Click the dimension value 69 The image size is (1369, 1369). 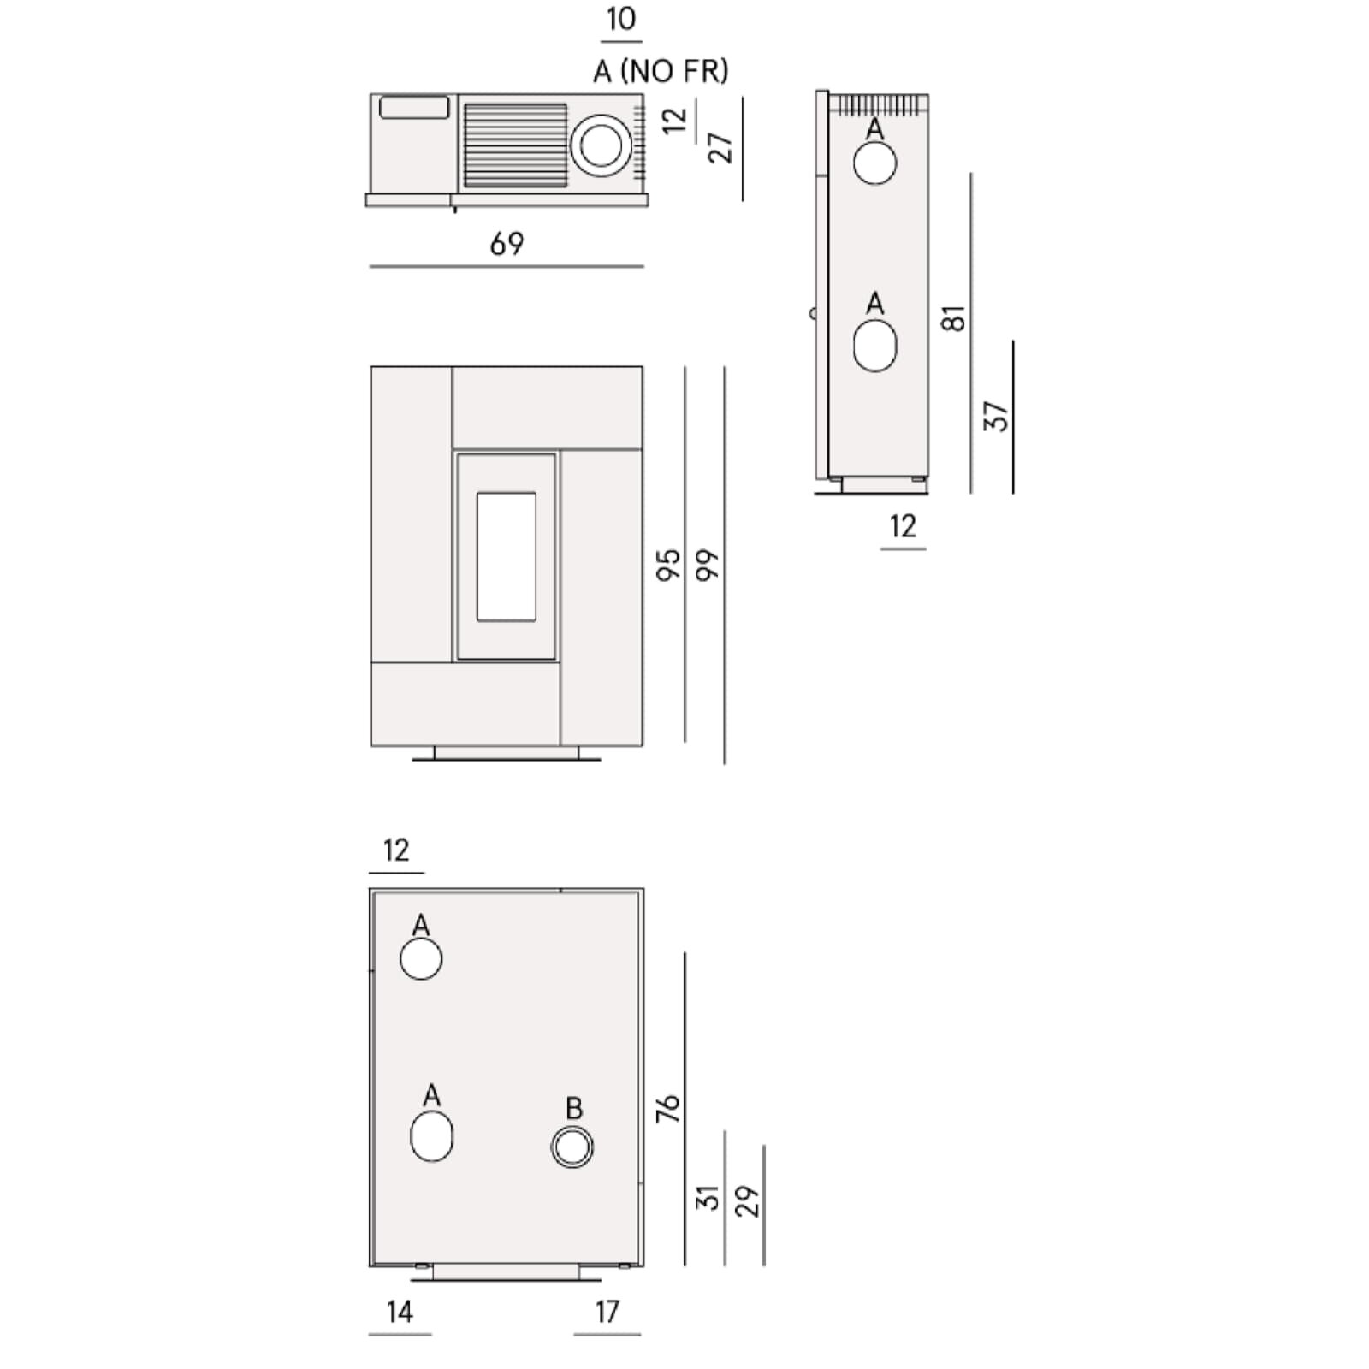pos(507,244)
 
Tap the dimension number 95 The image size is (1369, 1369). pos(667,566)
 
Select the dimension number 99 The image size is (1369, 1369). pos(707,566)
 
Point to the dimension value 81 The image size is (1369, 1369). pos(953,318)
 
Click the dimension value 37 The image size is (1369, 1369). pos(995,416)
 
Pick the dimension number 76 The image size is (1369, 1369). pos(667,1108)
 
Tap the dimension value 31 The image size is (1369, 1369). pos(707,1198)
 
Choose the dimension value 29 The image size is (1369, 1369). pos(746,1201)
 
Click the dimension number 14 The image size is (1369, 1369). pos(400,1312)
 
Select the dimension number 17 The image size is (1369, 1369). pos(607,1312)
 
